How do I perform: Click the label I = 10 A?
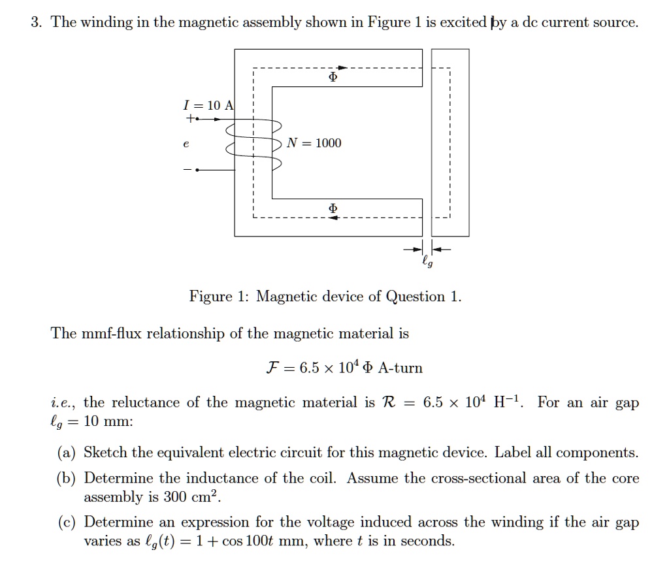(x=208, y=105)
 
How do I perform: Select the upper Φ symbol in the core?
(x=333, y=77)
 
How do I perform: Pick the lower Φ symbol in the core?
(x=333, y=208)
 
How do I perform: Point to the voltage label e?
(x=187, y=144)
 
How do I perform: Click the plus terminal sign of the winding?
(x=188, y=119)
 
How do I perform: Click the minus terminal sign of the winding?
(x=188, y=170)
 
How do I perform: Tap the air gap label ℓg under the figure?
(x=427, y=263)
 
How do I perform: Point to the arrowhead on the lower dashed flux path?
(x=333, y=218)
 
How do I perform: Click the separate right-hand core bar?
(x=449, y=142)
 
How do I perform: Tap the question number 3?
(x=36, y=23)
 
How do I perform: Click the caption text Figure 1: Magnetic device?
(x=325, y=297)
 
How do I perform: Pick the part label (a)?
(x=67, y=453)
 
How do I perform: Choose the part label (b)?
(x=67, y=478)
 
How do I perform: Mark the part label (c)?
(x=67, y=522)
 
